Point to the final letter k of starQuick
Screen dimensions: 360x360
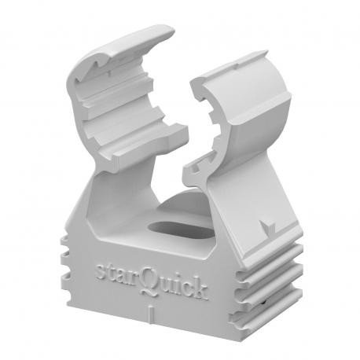[x=201, y=288]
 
